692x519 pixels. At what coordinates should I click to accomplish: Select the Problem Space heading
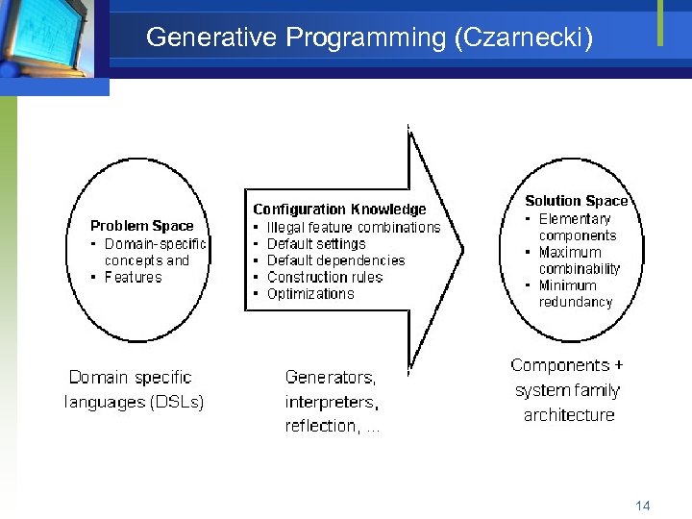point(141,226)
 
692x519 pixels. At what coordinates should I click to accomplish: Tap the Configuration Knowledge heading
point(339,209)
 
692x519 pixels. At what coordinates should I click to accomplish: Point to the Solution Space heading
point(576,201)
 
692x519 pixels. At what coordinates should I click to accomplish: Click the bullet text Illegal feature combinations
point(353,227)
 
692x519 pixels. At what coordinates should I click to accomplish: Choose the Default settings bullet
point(316,244)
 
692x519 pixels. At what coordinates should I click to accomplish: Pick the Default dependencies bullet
point(335,260)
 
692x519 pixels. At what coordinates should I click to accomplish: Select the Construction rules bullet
point(324,277)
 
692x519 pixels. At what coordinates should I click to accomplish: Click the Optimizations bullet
point(310,294)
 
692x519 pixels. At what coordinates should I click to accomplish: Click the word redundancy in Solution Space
point(575,302)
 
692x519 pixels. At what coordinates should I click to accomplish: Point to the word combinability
point(579,269)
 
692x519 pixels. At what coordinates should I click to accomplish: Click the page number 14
point(643,505)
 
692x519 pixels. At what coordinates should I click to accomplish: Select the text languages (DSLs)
point(135,402)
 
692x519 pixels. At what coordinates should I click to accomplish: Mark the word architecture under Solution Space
point(568,415)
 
